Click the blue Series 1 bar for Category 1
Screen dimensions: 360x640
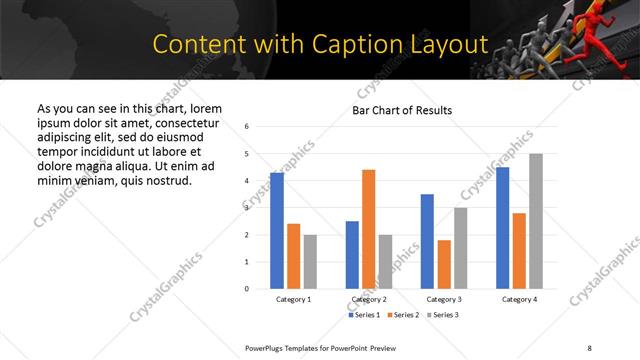point(277,231)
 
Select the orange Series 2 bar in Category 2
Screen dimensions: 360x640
point(368,229)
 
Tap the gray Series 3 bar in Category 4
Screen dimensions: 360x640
point(536,221)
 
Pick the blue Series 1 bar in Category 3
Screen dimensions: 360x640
point(427,241)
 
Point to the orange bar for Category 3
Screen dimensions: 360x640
point(444,264)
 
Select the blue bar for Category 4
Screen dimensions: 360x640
point(502,228)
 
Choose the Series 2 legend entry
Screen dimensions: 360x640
point(403,315)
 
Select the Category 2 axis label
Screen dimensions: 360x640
point(368,299)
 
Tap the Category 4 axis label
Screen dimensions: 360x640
point(519,299)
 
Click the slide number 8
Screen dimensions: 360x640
point(589,347)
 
